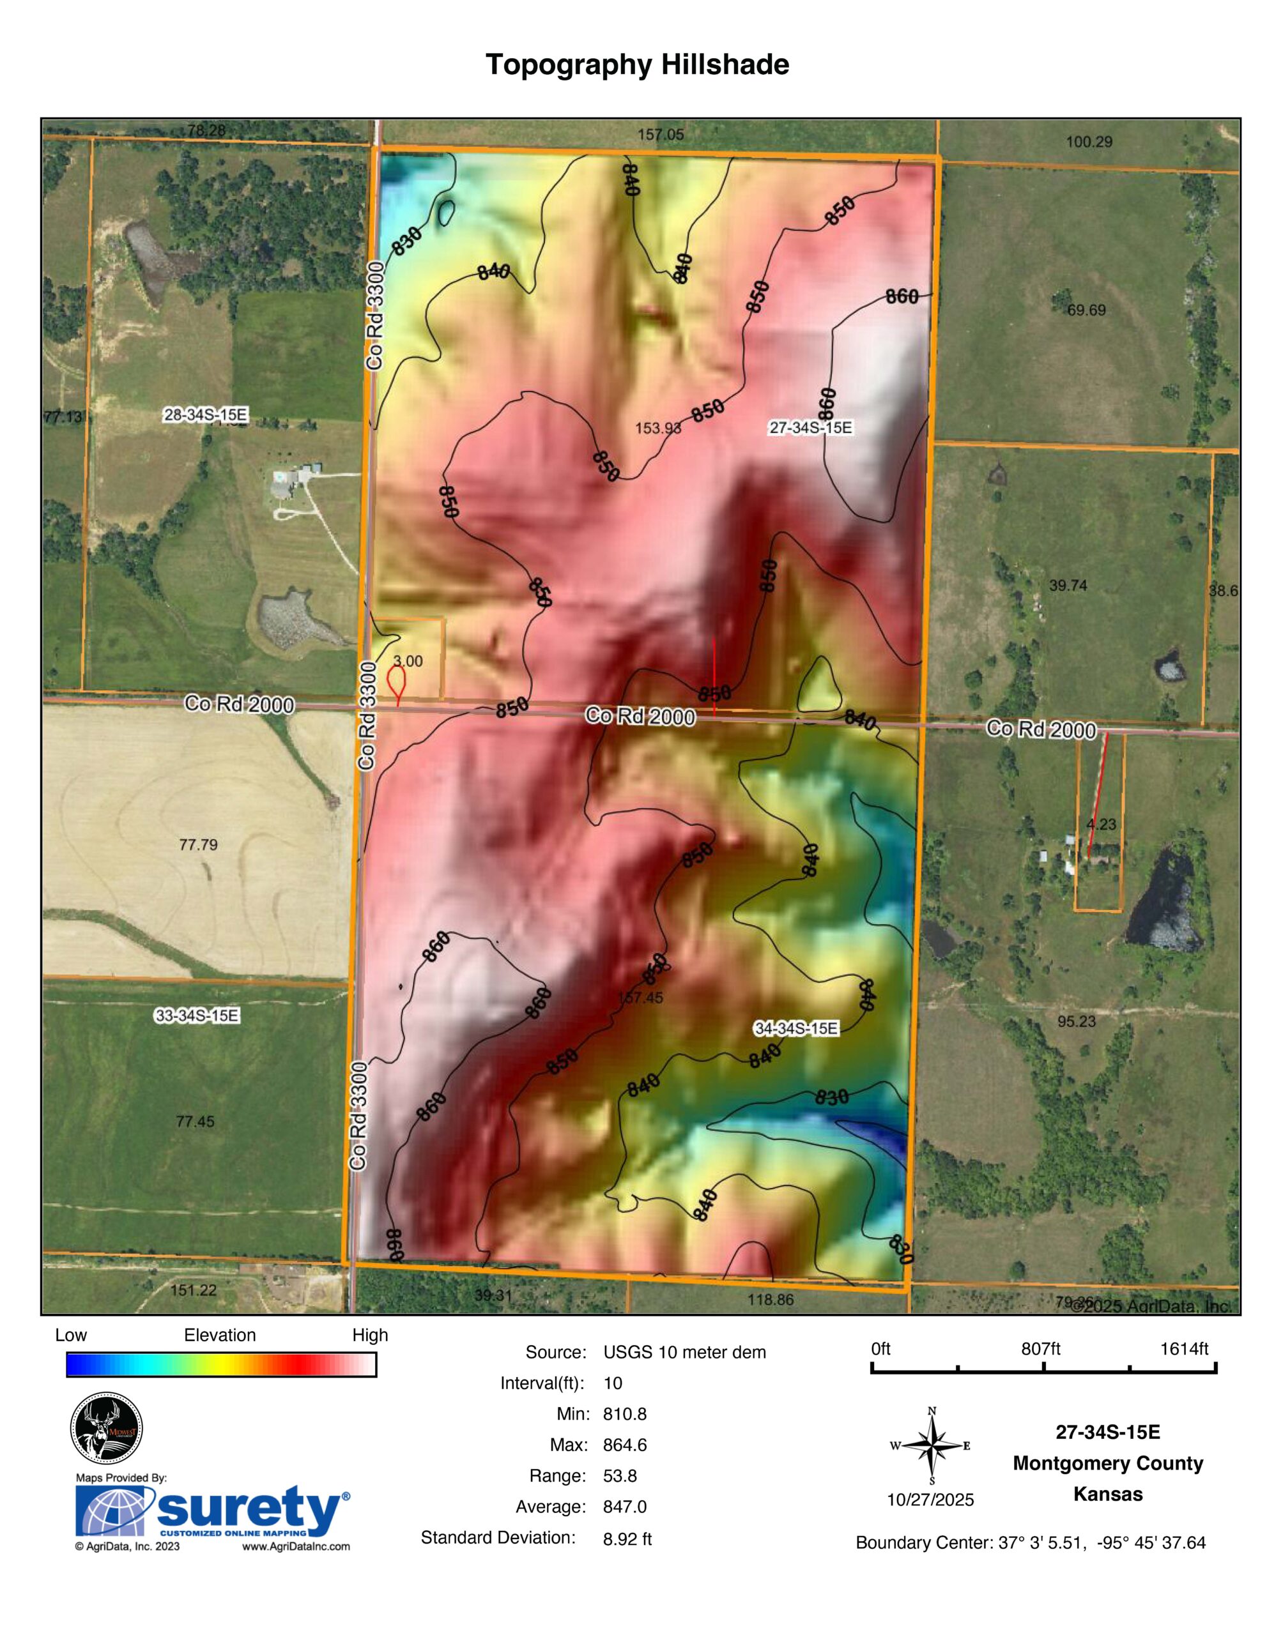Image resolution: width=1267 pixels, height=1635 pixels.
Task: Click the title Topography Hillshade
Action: (x=636, y=65)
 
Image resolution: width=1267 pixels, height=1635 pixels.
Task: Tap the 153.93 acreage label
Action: (x=658, y=428)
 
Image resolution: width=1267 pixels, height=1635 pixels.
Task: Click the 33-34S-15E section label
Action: (x=197, y=1016)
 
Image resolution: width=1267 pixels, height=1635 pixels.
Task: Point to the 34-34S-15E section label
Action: (x=796, y=1029)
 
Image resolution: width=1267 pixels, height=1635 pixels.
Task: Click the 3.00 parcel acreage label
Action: (x=408, y=661)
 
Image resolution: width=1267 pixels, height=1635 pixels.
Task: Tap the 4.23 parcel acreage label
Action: (x=1101, y=825)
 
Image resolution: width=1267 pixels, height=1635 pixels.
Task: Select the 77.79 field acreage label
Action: (x=197, y=845)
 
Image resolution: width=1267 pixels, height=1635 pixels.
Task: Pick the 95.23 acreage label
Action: (x=1076, y=1021)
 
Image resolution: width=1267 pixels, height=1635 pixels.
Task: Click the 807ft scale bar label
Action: (x=1041, y=1349)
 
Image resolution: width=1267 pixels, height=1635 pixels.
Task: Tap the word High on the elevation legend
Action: (x=370, y=1335)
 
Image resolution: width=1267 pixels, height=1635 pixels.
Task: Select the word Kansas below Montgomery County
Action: (x=1107, y=1494)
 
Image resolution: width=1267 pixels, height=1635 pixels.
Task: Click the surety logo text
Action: (x=247, y=1510)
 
